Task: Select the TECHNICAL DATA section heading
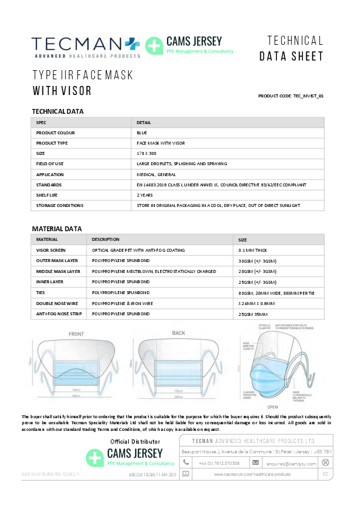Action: point(57,111)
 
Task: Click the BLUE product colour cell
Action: point(142,133)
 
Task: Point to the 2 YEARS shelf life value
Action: point(145,195)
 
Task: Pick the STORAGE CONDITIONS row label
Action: point(60,206)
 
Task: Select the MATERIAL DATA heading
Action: point(56,229)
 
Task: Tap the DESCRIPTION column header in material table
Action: point(106,240)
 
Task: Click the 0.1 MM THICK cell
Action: point(254,250)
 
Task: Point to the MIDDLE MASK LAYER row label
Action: point(58,271)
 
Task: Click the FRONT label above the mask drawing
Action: point(76,334)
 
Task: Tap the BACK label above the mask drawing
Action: point(178,333)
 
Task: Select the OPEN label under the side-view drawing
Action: point(272,407)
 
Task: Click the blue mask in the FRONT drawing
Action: point(77,371)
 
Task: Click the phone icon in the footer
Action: point(186,462)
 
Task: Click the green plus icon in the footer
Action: point(96,457)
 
